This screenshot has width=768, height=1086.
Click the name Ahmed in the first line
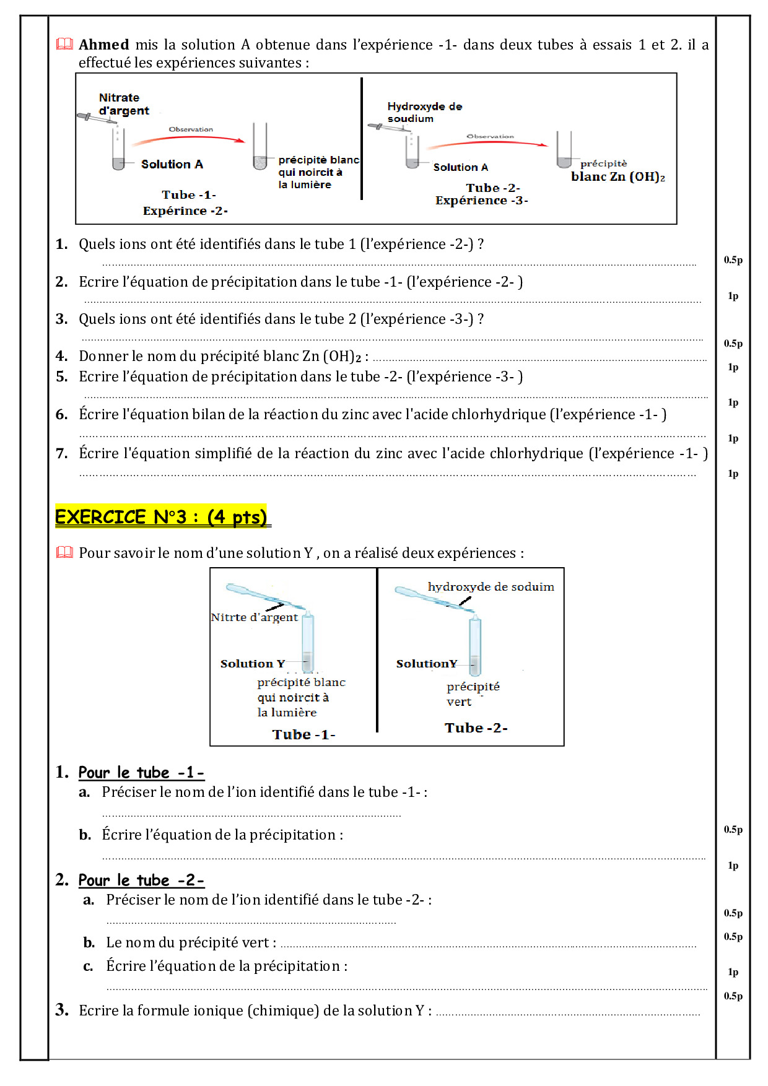(x=103, y=45)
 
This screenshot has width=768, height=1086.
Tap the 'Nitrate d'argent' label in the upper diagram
(x=124, y=104)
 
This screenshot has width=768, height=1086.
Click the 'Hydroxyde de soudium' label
(x=424, y=112)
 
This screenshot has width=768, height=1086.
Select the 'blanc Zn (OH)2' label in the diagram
(x=617, y=176)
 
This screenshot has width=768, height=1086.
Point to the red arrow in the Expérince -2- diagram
(x=189, y=138)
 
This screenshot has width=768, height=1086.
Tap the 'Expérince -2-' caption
(x=185, y=211)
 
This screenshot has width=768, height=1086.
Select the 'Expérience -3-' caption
(x=481, y=200)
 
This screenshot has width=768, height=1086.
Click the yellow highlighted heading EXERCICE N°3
(x=161, y=516)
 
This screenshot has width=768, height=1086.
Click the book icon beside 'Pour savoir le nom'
(x=64, y=552)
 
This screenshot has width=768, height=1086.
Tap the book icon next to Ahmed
(x=64, y=44)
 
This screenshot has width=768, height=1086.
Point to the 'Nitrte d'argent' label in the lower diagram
(x=254, y=617)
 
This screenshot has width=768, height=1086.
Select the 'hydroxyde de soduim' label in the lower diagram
(x=491, y=586)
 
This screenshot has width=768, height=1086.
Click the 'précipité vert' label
(x=473, y=694)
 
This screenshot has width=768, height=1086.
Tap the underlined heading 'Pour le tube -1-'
(x=141, y=772)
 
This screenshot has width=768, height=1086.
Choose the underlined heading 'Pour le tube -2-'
(x=141, y=880)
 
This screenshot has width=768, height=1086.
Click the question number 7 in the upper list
(x=61, y=453)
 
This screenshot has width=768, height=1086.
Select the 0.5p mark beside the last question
(x=733, y=996)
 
